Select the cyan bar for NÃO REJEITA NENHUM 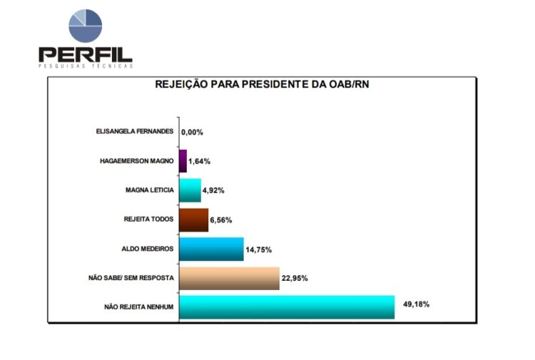click(286, 307)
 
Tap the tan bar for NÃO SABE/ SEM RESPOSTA click(228, 278)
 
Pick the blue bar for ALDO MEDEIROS click(210, 249)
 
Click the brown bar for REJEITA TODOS click(193, 220)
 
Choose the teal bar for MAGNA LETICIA click(190, 190)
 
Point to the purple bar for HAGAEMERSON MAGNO click(183, 161)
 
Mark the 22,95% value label click(294, 278)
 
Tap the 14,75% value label click(258, 249)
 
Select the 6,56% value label click(221, 220)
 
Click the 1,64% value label click(200, 161)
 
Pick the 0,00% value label click(193, 132)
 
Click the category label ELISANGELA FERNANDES click(135, 132)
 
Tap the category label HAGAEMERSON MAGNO click(137, 161)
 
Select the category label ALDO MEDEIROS click(148, 249)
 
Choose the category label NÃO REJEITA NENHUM click(139, 307)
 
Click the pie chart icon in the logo click(85, 26)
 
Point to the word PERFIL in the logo click(85, 53)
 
